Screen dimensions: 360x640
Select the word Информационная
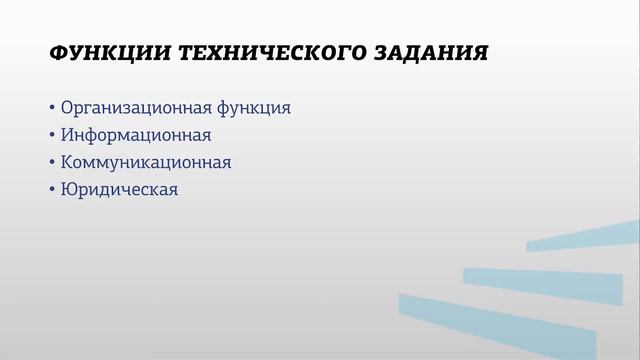[135, 135]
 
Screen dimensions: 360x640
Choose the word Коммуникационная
[146, 162]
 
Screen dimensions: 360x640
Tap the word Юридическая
[119, 189]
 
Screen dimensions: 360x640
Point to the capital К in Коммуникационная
[67, 162]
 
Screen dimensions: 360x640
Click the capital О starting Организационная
[68, 108]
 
